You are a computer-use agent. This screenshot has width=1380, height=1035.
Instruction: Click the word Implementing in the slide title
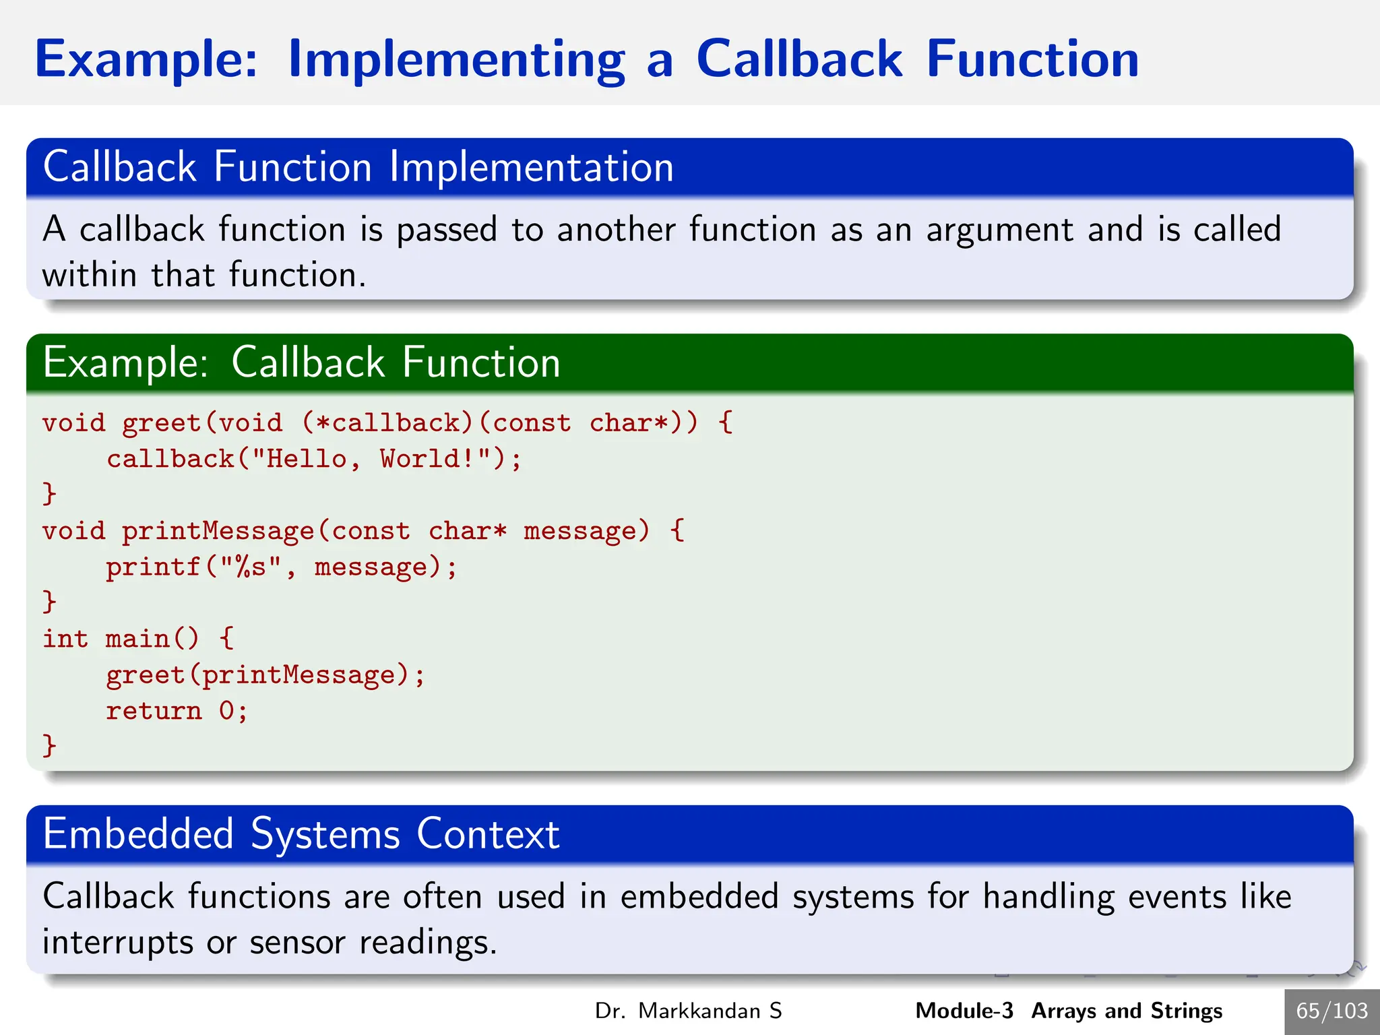pyautogui.click(x=456, y=61)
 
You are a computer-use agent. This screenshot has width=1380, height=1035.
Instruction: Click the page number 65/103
pyautogui.click(x=1331, y=1011)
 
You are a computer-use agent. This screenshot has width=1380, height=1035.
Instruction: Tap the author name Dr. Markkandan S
pyautogui.click(x=688, y=1011)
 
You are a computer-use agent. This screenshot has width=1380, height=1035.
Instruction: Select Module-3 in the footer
pyautogui.click(x=964, y=1011)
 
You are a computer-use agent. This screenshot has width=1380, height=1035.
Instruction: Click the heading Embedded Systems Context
pyautogui.click(x=301, y=834)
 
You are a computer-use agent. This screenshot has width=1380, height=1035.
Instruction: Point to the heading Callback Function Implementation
pyautogui.click(x=358, y=167)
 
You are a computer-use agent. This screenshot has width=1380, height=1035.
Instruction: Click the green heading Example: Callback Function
pyautogui.click(x=301, y=363)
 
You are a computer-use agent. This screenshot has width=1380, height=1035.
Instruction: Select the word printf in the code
pyautogui.click(x=154, y=567)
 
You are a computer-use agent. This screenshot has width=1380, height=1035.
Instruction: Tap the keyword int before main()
pyautogui.click(x=65, y=639)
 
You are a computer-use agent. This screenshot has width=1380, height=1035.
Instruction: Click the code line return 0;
pyautogui.click(x=177, y=711)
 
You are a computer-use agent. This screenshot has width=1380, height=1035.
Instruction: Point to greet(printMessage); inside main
pyautogui.click(x=265, y=675)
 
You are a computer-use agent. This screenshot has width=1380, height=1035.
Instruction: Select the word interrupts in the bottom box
pyautogui.click(x=118, y=942)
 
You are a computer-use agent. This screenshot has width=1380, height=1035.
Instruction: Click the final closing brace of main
pyautogui.click(x=49, y=745)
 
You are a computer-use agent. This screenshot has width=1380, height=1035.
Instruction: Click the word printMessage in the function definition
pyautogui.click(x=218, y=532)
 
